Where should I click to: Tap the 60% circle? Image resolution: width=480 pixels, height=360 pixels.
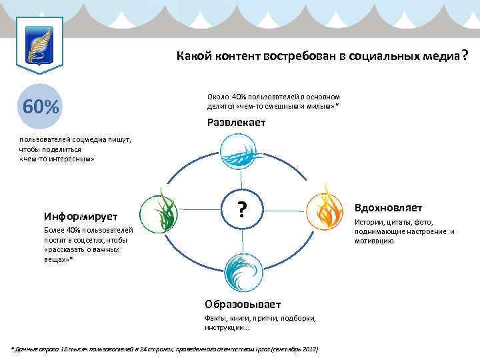[41, 106]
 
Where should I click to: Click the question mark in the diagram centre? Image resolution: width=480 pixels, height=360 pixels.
[243, 209]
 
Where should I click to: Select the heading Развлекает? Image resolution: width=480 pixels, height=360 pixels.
[236, 123]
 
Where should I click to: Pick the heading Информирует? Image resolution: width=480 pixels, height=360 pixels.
[81, 217]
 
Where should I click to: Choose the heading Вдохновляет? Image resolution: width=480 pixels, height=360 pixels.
[388, 208]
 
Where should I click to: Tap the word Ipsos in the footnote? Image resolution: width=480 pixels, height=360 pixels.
[255, 349]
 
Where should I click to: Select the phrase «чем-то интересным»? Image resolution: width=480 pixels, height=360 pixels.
[57, 159]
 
